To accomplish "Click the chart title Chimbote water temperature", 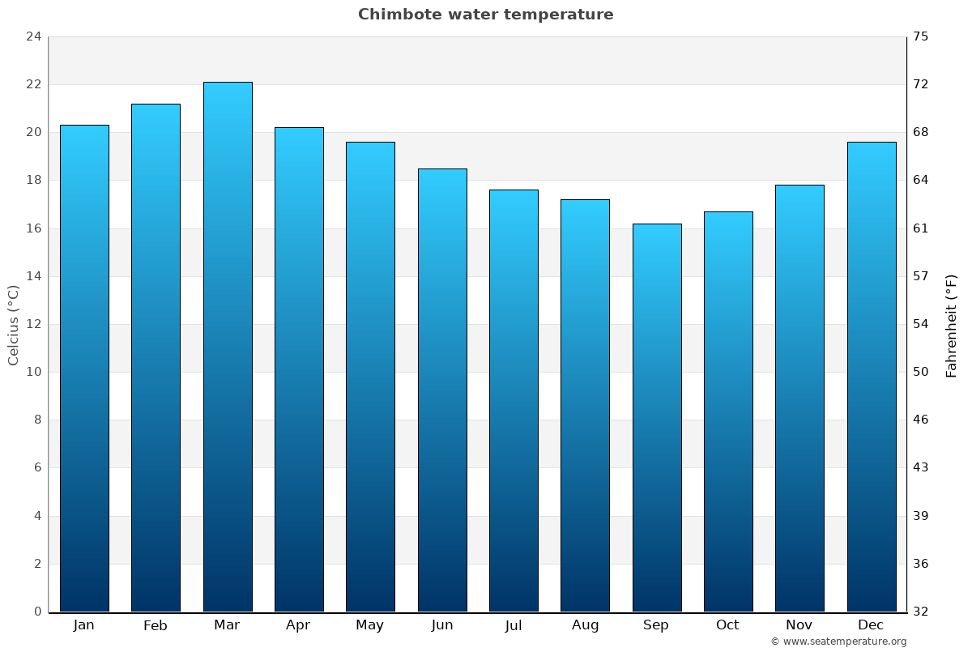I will point(485,15).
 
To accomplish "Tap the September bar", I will point(657,417).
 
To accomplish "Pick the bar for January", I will point(84,368).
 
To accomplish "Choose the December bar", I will point(872,377).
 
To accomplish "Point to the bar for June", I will point(442,390).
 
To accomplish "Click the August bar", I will point(585,405).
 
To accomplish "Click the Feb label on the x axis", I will point(155,625).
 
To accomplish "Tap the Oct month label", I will point(727,625).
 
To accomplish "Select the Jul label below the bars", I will point(514,625).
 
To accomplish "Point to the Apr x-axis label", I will point(298,625).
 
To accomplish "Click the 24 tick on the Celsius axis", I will point(33,36).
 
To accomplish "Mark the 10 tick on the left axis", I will point(33,372).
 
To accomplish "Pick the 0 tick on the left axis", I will point(37,612).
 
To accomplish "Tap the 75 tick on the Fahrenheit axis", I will point(921,36).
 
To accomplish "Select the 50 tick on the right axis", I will point(921,372).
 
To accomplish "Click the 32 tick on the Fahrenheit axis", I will point(921,612).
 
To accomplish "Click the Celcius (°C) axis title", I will point(13,325).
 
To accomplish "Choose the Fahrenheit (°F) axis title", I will point(951,325).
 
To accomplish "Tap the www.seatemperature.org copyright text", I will point(838,642).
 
